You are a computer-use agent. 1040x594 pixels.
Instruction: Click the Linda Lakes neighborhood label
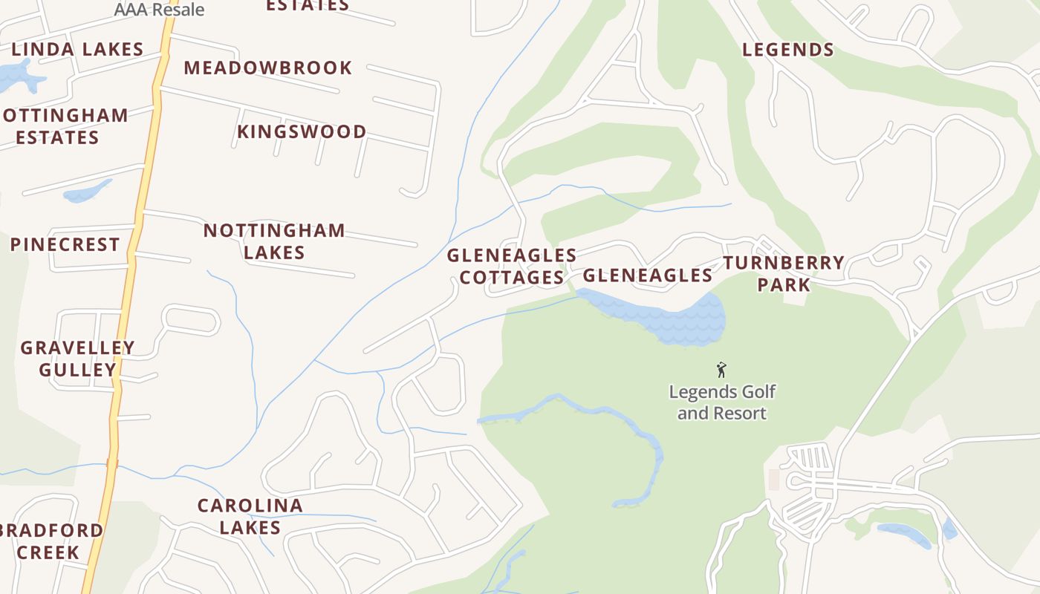(x=77, y=50)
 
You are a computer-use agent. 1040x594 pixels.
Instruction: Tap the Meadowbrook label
(x=267, y=68)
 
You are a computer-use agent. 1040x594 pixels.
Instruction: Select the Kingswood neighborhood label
(x=302, y=131)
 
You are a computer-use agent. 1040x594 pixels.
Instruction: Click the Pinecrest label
(x=65, y=244)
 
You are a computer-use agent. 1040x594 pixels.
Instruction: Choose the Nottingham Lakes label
(x=274, y=241)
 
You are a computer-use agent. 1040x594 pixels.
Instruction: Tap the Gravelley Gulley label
(x=77, y=359)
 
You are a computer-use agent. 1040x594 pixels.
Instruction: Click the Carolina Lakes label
(x=250, y=517)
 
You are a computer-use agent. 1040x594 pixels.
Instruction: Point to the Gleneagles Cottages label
(x=511, y=267)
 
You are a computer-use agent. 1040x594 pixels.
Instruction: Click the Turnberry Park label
(x=784, y=273)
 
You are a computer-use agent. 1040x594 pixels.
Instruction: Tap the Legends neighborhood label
(x=788, y=50)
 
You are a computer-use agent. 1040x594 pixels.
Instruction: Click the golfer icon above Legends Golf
(x=721, y=369)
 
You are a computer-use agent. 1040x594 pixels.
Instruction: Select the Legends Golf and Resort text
(x=721, y=402)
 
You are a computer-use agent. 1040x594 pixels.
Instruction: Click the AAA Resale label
(x=159, y=10)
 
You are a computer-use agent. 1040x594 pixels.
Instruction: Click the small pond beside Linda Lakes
(x=16, y=76)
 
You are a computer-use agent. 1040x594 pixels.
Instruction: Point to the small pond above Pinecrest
(x=87, y=192)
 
